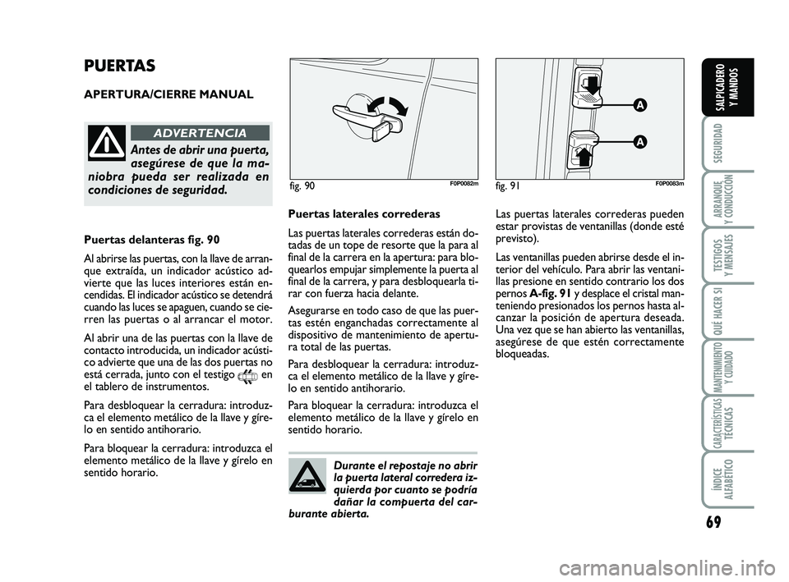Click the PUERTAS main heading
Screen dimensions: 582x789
tap(120, 66)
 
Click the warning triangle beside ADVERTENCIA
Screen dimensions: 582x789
tap(108, 142)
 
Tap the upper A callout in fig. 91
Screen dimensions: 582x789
tap(638, 105)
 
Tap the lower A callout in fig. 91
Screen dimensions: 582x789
tap(638, 141)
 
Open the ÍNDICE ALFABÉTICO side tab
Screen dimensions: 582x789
tap(717, 480)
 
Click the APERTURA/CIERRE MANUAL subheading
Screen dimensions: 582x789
tap(168, 94)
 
